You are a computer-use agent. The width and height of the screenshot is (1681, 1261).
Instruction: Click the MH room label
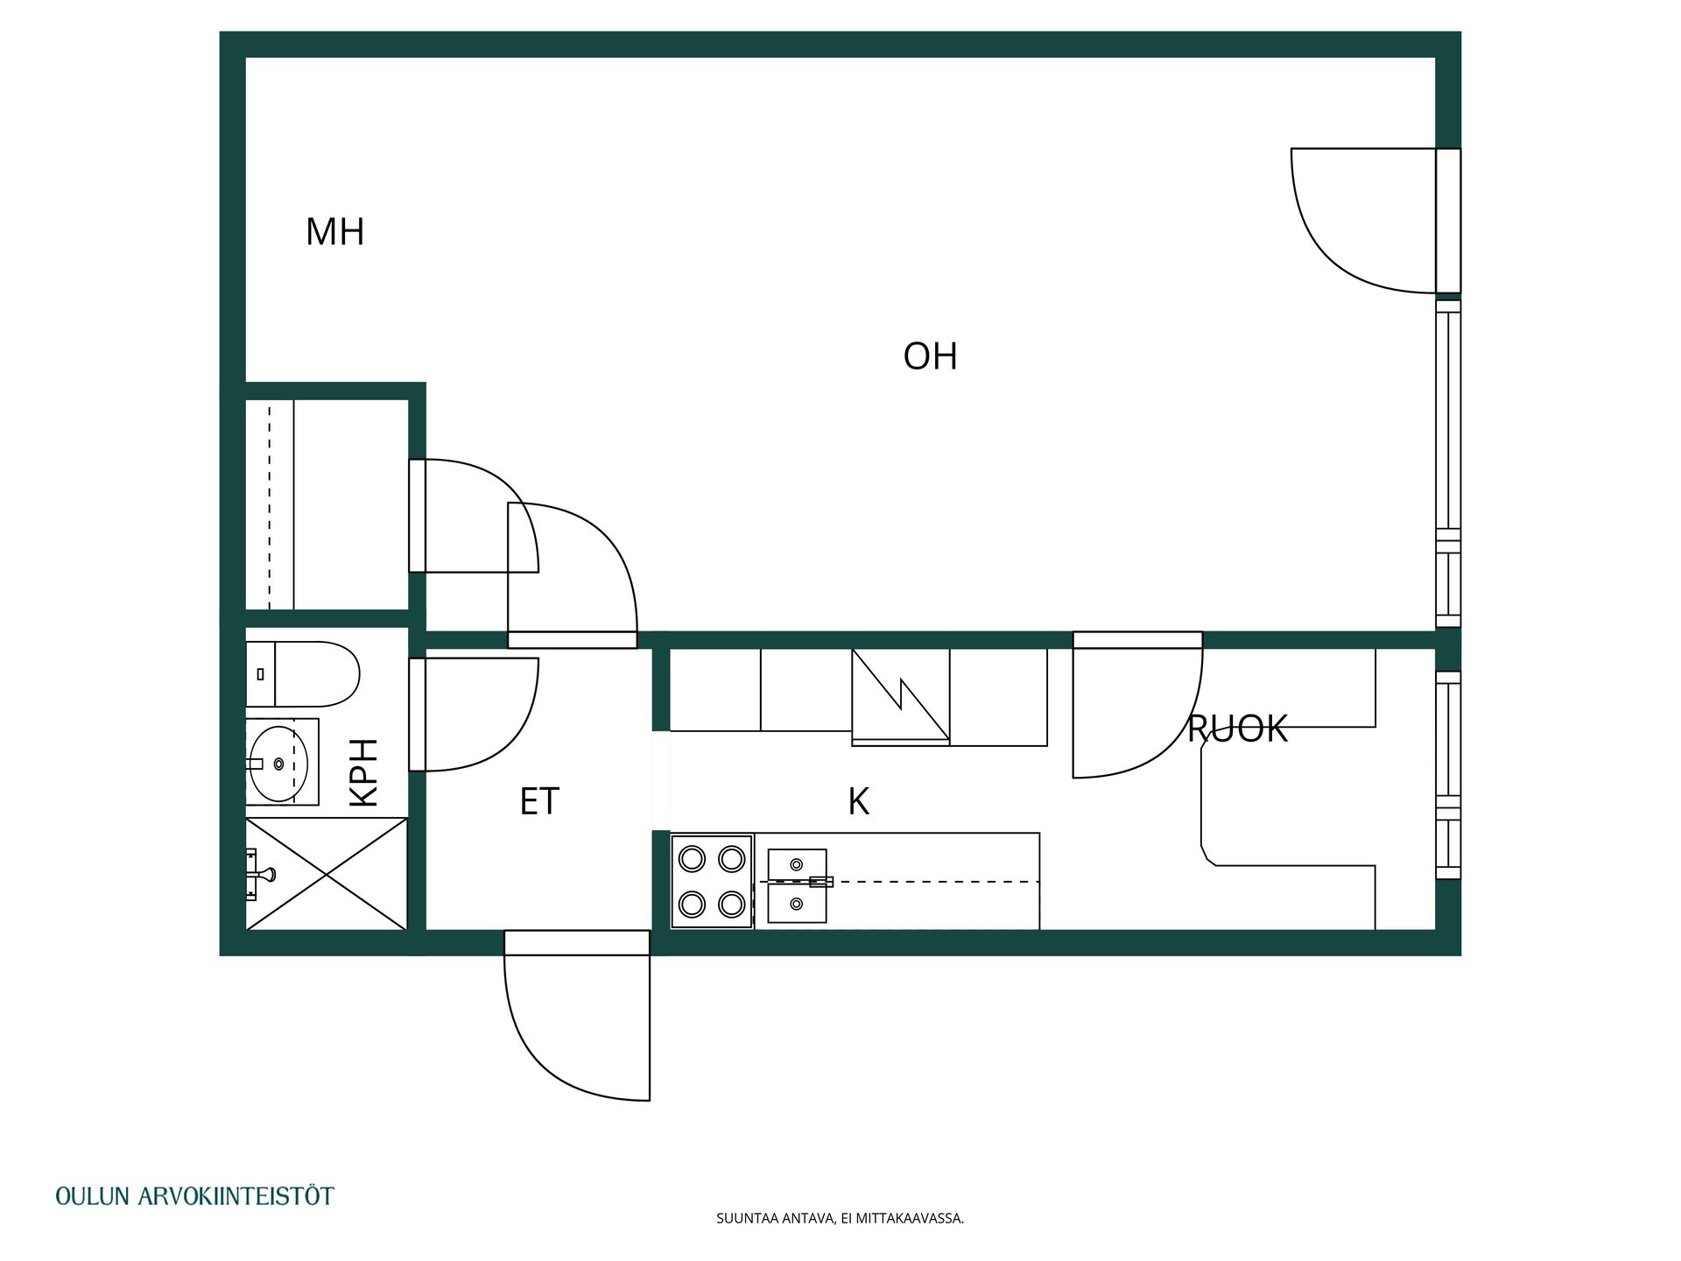click(334, 232)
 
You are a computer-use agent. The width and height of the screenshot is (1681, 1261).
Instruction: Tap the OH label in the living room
click(930, 356)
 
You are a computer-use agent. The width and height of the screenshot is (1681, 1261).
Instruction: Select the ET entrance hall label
click(539, 801)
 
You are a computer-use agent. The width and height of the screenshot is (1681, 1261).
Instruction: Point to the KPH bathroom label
click(364, 772)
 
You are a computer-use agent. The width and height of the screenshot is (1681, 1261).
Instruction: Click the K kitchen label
click(858, 801)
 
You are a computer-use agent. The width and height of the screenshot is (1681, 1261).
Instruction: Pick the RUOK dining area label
click(1237, 729)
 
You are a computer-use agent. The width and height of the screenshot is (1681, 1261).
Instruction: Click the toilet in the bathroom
click(303, 674)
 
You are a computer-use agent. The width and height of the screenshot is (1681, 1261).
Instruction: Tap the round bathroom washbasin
click(279, 763)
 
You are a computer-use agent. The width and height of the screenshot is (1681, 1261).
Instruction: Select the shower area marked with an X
click(327, 874)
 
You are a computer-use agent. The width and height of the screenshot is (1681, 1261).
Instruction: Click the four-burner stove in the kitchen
click(712, 881)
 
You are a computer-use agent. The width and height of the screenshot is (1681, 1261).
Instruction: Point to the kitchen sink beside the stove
click(797, 885)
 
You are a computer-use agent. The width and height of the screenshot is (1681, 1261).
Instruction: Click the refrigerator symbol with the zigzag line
click(901, 697)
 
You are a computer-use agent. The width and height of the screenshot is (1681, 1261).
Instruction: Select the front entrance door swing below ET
click(577, 1016)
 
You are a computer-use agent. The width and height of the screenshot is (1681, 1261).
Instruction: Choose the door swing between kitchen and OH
click(1137, 705)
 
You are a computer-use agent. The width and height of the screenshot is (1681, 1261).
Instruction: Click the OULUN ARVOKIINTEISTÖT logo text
click(194, 1196)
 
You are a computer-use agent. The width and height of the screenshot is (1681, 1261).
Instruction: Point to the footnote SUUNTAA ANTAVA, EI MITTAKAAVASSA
click(840, 1218)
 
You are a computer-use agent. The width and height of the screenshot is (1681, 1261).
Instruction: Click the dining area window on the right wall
click(1449, 775)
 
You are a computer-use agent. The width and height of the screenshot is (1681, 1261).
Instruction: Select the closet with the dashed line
click(327, 504)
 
